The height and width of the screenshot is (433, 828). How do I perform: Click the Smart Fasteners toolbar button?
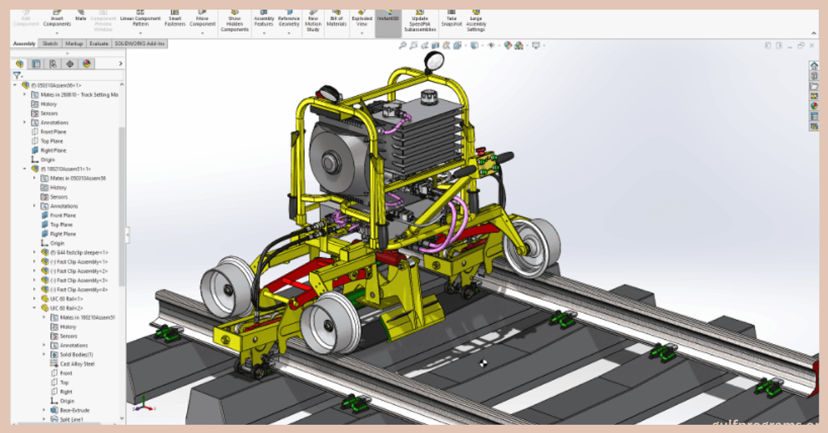(175, 19)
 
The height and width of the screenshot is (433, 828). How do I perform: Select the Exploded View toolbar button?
(362, 19)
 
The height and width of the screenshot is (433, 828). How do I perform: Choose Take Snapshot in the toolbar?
(451, 19)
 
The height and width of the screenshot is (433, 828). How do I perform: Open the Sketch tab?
(50, 43)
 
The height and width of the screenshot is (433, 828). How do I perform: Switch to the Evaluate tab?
(99, 43)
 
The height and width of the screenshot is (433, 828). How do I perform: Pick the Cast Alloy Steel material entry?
(77, 363)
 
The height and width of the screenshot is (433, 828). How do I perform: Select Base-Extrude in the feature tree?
(75, 410)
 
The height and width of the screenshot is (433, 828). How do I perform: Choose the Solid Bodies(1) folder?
(76, 354)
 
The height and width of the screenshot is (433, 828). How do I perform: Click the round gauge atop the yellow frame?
(433, 61)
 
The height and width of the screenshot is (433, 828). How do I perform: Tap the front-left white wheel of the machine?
(227, 285)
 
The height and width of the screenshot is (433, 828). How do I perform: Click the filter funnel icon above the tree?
(17, 75)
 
